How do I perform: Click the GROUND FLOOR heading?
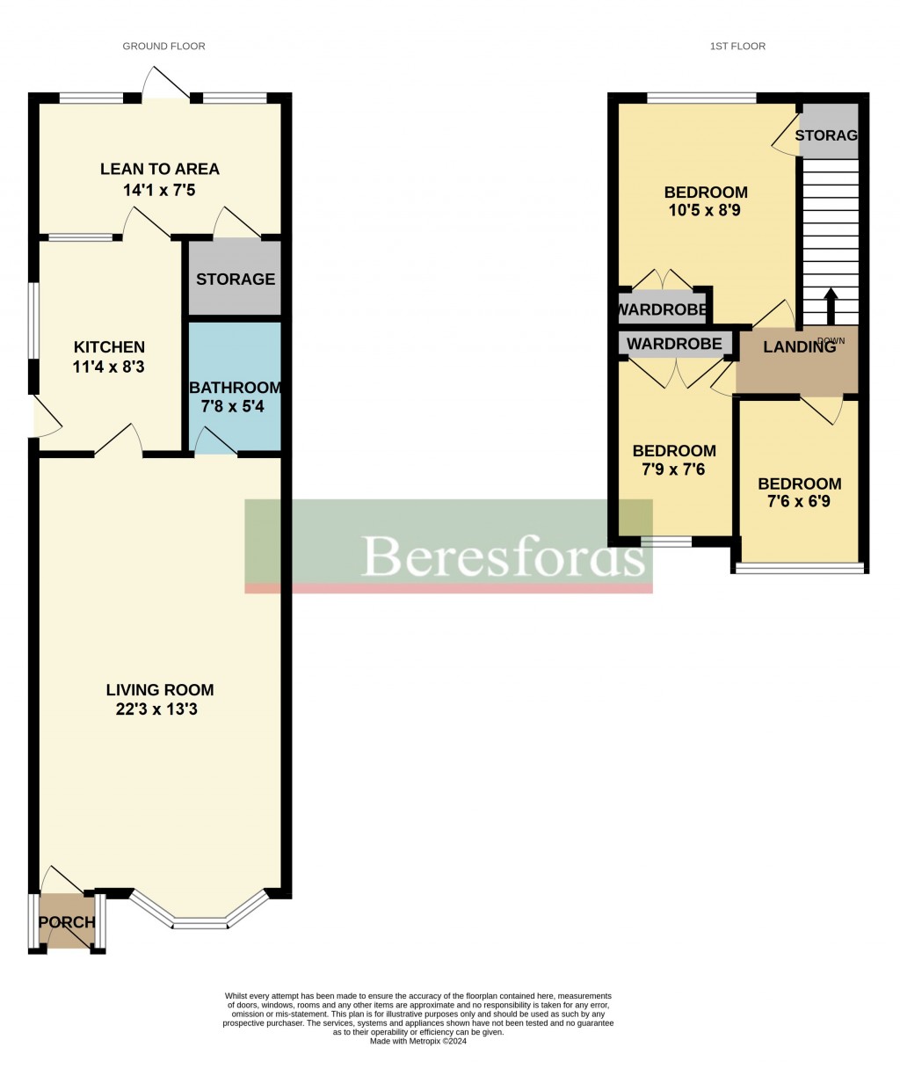point(163,46)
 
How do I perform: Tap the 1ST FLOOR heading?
point(737,46)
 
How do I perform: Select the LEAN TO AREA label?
point(160,169)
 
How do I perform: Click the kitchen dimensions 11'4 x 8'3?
point(109,366)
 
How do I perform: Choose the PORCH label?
point(68,922)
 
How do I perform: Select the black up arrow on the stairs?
point(829,305)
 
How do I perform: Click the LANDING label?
point(798,347)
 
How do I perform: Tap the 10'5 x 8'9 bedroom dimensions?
point(706,211)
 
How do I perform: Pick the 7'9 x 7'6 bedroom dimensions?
point(674,469)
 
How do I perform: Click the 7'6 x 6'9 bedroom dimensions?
point(799,502)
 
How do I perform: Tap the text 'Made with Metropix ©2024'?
point(418,1042)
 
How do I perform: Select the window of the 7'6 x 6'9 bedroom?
point(799,568)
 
